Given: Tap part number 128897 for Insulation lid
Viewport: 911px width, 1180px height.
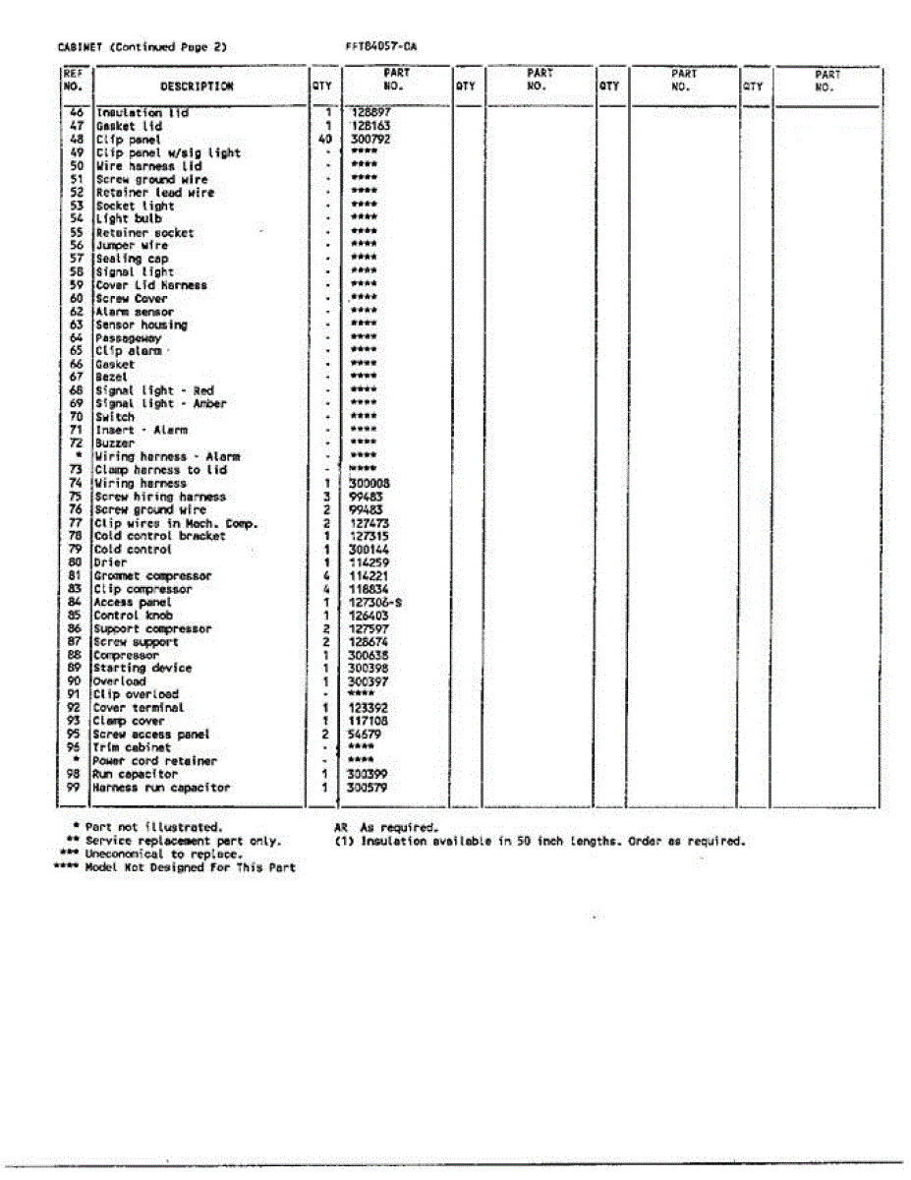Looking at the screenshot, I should click(x=370, y=113).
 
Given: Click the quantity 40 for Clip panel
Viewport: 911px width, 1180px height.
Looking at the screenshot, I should click(x=325, y=140).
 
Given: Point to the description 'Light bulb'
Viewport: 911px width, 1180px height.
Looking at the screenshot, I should click(x=128, y=219).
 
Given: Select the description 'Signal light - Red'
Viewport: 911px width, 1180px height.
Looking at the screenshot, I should click(x=154, y=390).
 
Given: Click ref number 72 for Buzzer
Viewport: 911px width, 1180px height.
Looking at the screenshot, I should click(x=74, y=443).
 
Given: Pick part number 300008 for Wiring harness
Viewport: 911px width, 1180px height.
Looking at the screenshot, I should click(x=370, y=484).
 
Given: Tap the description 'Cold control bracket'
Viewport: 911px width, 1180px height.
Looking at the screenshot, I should click(x=159, y=536).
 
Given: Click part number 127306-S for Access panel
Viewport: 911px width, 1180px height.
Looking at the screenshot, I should click(x=375, y=602).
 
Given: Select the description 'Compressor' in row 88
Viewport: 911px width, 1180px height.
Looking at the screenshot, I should click(x=126, y=655).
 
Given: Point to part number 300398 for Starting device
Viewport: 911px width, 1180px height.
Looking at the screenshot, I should click(x=370, y=668).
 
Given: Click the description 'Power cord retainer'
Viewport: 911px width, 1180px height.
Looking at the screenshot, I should click(x=154, y=761).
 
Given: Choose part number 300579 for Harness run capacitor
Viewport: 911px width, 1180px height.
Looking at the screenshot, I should click(x=369, y=788).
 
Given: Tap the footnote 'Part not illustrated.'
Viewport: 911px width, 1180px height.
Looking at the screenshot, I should click(x=154, y=828).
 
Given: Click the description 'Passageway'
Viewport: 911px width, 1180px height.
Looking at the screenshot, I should click(x=128, y=338).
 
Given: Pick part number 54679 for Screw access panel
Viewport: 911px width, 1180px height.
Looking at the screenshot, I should click(x=366, y=735).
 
